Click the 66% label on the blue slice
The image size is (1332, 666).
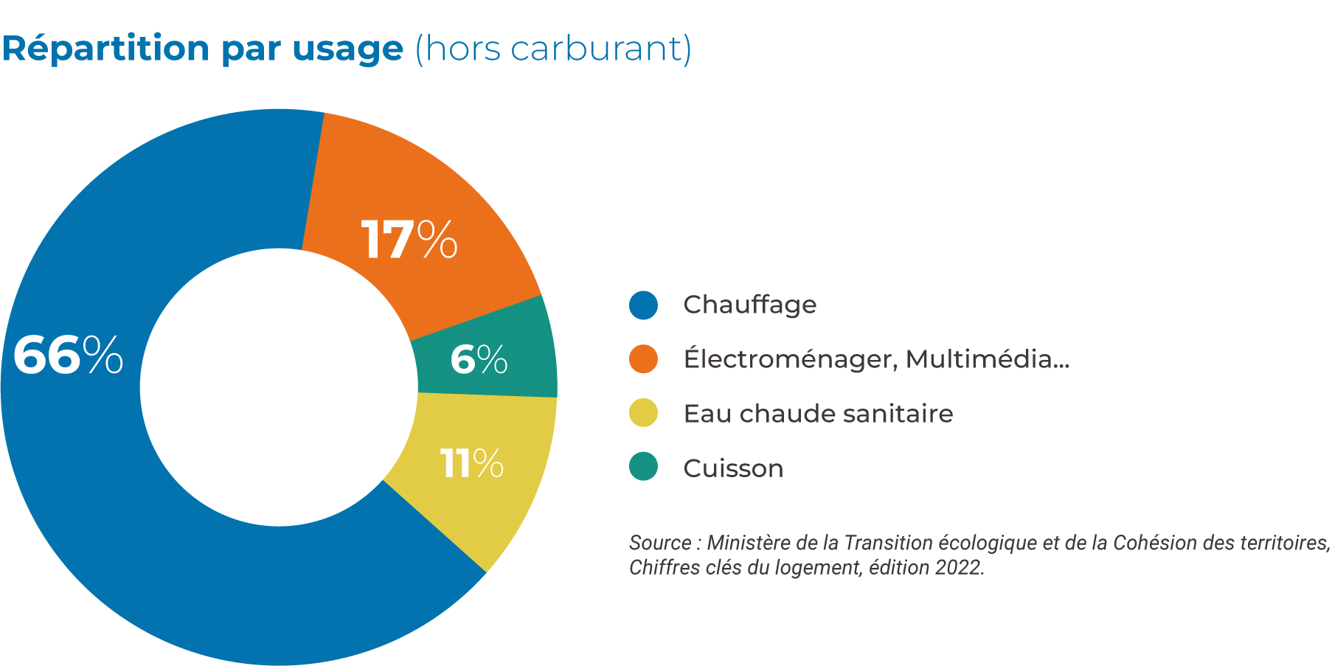68,355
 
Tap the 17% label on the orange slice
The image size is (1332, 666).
409,240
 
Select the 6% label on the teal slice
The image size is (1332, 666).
479,360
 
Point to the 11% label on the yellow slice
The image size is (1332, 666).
472,464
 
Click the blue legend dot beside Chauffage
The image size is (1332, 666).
643,305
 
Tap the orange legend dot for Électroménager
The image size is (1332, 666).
643,359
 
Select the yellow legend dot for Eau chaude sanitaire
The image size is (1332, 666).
643,413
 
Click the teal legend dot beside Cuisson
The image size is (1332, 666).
643,467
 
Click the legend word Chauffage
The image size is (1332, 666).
749,305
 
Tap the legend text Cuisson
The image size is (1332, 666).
733,468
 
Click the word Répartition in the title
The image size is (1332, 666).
106,49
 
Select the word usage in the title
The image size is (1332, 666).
348,50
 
